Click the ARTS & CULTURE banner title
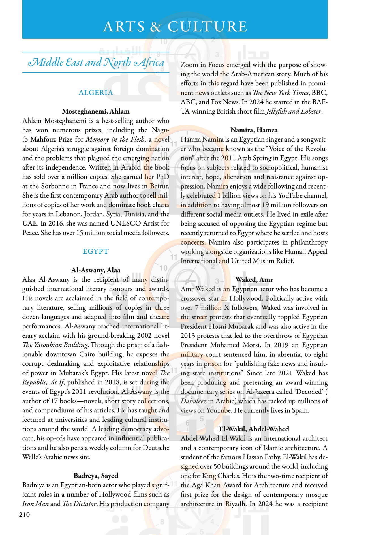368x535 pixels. pyautogui.click(x=175, y=26)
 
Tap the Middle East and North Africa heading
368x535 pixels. pyautogui.click(x=96, y=62)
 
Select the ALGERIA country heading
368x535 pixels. pyautogui.click(x=96, y=93)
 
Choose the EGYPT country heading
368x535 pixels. pyautogui.click(x=96, y=251)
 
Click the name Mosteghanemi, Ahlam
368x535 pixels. pyautogui.click(x=96, y=111)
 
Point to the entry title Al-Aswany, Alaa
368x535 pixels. pyautogui.click(x=96, y=270)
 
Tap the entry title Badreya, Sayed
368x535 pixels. pyautogui.click(x=96, y=476)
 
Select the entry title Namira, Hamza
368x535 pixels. pyautogui.click(x=254, y=130)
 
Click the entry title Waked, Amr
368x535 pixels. pyautogui.click(x=254, y=279)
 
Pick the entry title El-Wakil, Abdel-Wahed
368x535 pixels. pyautogui.click(x=254, y=429)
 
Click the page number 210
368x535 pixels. pyautogui.click(x=24, y=515)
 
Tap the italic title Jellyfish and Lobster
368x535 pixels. pyautogui.click(x=293, y=111)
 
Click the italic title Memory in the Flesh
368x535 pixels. pyautogui.click(x=115, y=139)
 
